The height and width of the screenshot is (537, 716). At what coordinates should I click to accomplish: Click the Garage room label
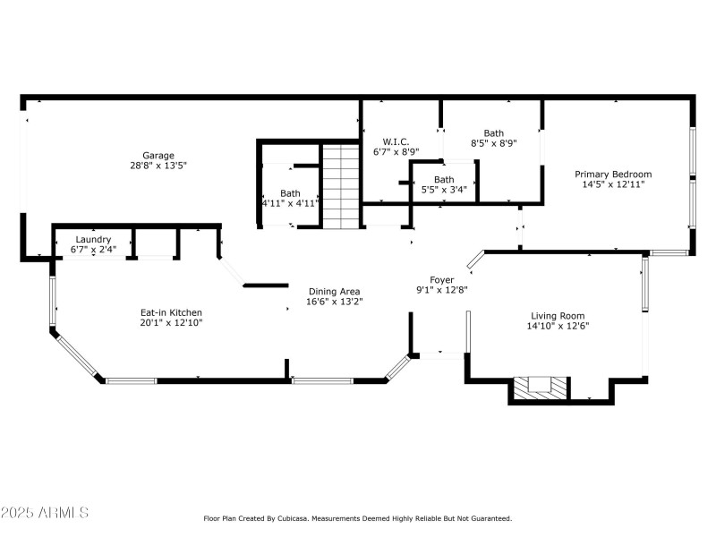(x=158, y=155)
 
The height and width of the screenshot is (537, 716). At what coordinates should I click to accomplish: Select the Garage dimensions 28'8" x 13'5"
(x=158, y=166)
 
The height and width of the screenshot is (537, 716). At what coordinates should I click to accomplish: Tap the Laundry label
(x=93, y=239)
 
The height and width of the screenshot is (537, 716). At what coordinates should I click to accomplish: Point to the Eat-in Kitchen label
(x=171, y=312)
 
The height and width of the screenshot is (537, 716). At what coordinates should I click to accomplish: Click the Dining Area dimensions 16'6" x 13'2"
(x=334, y=302)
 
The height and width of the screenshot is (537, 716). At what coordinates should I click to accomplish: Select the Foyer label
(x=442, y=279)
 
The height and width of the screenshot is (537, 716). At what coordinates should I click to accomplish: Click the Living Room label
(x=558, y=315)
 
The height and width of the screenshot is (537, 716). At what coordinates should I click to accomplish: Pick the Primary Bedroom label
(x=613, y=174)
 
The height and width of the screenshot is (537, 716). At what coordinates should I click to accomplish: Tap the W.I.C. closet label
(x=396, y=141)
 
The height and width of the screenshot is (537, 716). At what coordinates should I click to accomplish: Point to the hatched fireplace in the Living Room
(x=540, y=386)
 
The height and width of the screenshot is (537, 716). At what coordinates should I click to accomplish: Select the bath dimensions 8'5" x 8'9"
(x=494, y=142)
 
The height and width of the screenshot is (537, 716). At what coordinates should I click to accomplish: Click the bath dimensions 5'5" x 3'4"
(x=444, y=189)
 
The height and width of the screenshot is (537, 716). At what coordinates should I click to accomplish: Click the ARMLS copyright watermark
(x=45, y=513)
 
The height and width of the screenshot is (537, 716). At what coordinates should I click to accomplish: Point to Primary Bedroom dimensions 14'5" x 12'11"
(x=613, y=184)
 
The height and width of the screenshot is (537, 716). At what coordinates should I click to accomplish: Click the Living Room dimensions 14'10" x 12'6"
(x=558, y=326)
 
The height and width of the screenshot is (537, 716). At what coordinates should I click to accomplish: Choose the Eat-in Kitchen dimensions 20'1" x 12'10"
(x=171, y=323)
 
